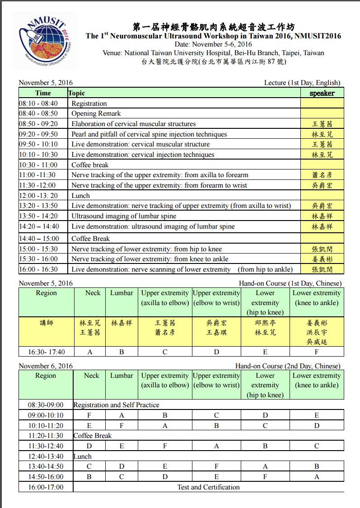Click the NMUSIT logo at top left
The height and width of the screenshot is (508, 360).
[x=45, y=41]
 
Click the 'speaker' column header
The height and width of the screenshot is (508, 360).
[x=322, y=93]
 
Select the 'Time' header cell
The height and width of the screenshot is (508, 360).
[x=43, y=93]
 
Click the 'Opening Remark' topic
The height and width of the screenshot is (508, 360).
[x=96, y=113]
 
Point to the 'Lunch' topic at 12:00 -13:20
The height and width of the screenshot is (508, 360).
[x=80, y=196]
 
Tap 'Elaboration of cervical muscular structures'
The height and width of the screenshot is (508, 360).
[x=134, y=124]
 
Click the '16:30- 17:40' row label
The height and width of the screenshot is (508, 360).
[x=46, y=352]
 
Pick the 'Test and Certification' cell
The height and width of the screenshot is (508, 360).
[x=208, y=487]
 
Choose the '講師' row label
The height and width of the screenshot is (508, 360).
[x=46, y=323]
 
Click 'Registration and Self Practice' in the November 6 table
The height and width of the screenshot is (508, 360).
[x=116, y=405]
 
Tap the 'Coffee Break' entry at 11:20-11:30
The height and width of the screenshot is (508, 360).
[x=93, y=436]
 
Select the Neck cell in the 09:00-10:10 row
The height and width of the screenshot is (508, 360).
[x=89, y=415]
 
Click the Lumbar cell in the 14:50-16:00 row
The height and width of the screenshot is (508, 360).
[x=122, y=476]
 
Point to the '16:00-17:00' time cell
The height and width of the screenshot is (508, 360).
[x=46, y=487]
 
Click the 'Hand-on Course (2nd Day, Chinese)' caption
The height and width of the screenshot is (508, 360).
[x=288, y=366]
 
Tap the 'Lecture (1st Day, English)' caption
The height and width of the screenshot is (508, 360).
[x=302, y=83]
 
